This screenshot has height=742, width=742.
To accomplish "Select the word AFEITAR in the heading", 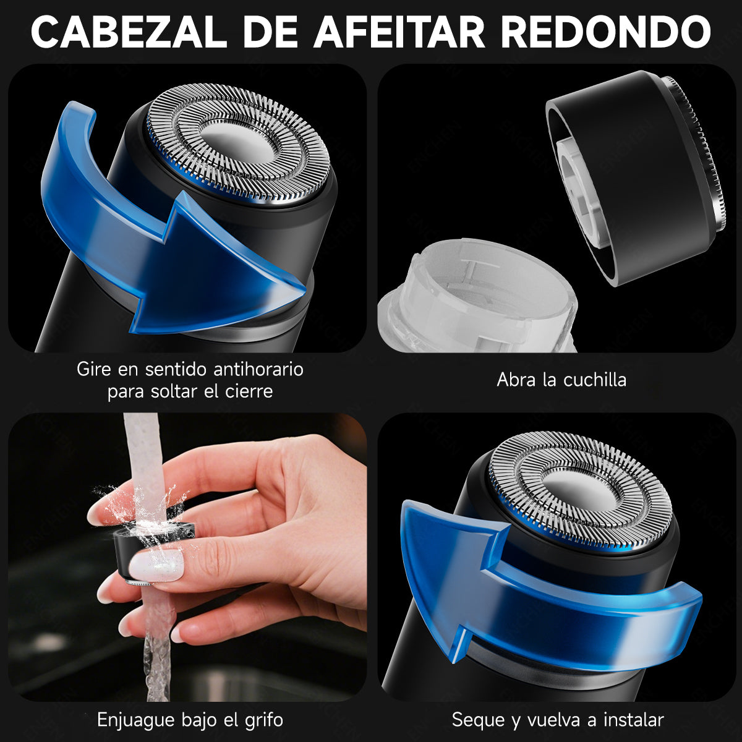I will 399,32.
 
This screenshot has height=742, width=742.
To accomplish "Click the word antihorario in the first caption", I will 258,370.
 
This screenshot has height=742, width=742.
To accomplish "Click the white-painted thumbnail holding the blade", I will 157,564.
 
